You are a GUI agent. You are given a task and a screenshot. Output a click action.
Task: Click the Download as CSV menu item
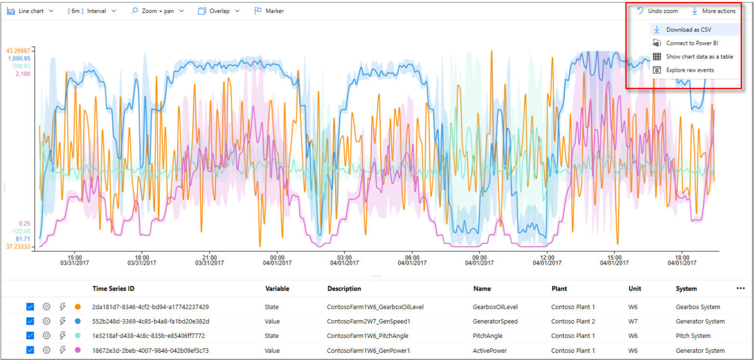click(x=689, y=30)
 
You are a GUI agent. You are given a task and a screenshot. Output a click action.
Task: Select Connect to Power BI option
click(x=692, y=43)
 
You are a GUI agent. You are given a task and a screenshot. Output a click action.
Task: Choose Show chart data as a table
click(x=699, y=57)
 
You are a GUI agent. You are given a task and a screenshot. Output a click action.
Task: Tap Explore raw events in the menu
click(x=689, y=70)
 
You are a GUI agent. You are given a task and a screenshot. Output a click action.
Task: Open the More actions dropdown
click(x=714, y=11)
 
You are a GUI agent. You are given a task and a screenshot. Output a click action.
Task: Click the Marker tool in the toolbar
click(x=269, y=11)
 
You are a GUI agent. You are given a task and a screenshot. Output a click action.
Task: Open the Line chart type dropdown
click(x=30, y=11)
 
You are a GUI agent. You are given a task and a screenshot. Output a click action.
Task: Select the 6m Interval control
click(x=92, y=11)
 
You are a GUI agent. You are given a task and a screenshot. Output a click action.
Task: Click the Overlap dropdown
click(x=219, y=11)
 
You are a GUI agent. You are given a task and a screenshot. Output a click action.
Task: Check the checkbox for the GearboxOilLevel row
click(x=30, y=307)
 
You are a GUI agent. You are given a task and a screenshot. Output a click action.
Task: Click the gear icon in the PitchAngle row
click(x=46, y=336)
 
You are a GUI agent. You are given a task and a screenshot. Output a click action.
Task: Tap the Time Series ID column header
click(x=113, y=289)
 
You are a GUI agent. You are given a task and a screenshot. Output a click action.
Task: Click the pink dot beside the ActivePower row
click(x=78, y=350)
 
